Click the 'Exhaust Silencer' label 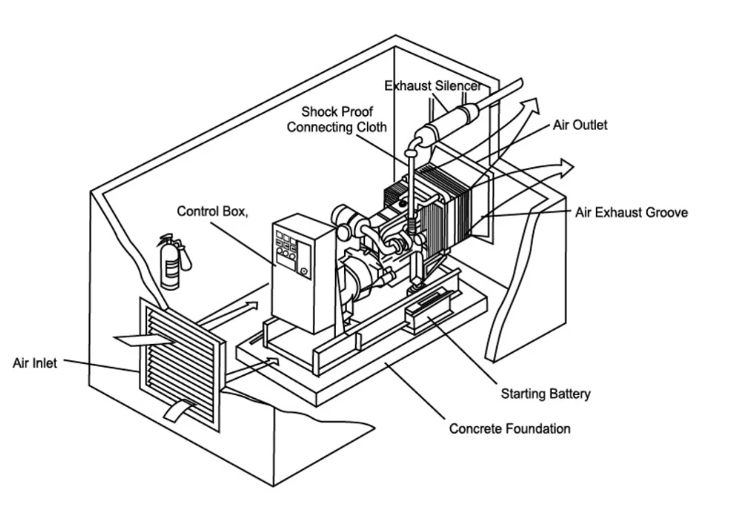point(432,86)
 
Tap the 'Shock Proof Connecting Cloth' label point(337,120)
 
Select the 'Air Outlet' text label point(580,125)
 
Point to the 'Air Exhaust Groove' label point(631,212)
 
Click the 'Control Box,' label point(212,212)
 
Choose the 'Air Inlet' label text point(35,364)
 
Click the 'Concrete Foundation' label point(510,429)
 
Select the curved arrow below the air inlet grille point(179,408)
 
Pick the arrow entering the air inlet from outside point(141,341)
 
